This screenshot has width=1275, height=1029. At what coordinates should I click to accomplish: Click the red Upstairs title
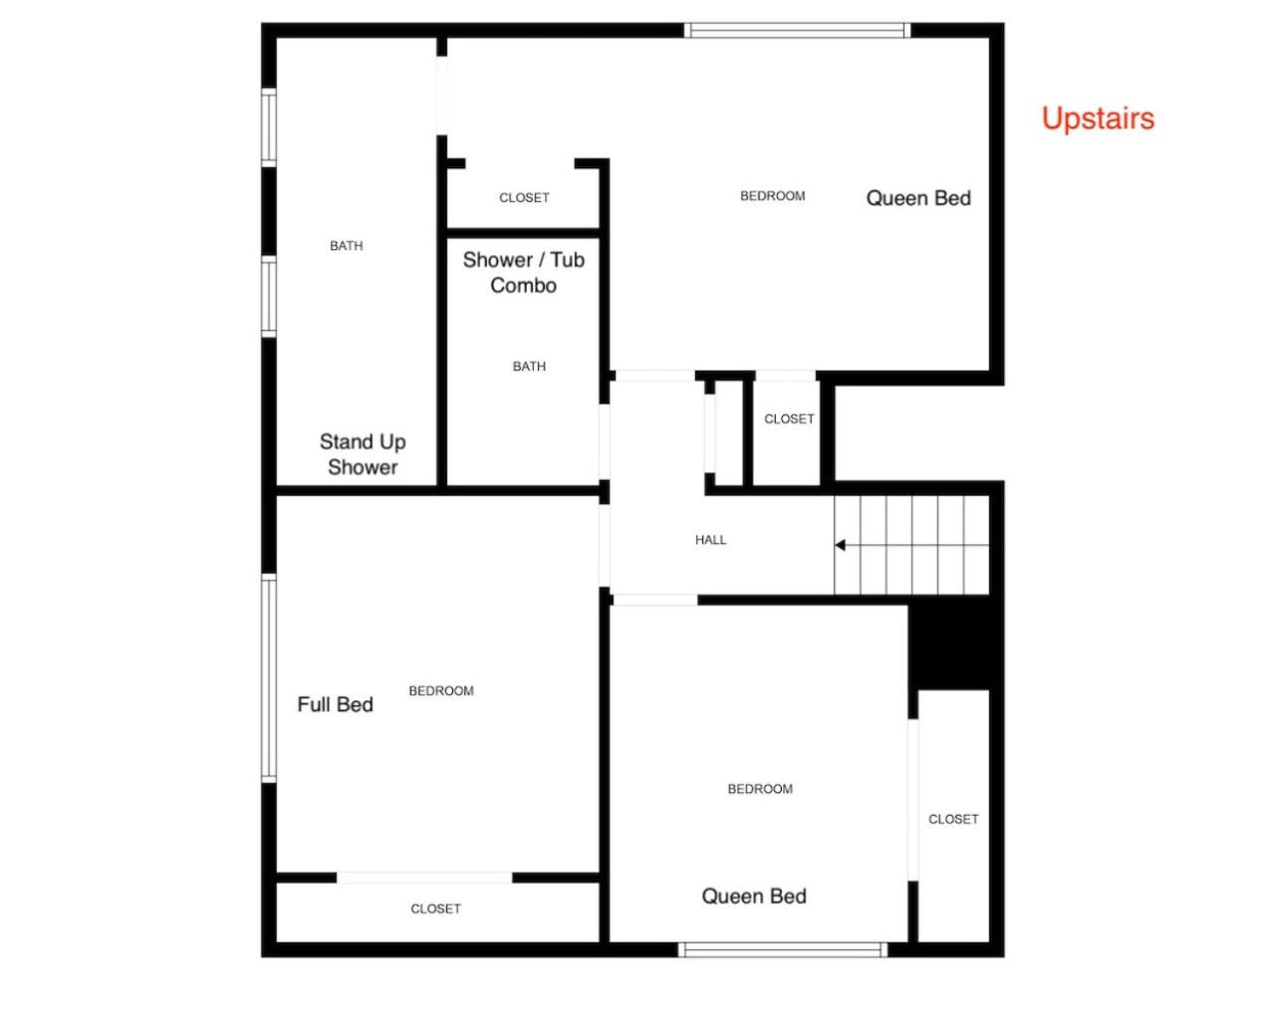[x=1098, y=119]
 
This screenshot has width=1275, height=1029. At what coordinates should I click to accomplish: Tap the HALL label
[x=710, y=540]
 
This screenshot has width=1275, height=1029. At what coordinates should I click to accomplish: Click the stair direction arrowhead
[x=840, y=545]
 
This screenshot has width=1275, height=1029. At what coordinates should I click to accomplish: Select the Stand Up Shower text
[x=363, y=454]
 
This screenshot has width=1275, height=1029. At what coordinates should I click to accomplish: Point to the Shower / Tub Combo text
[x=523, y=272]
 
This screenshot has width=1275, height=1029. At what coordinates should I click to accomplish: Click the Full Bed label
[x=336, y=704]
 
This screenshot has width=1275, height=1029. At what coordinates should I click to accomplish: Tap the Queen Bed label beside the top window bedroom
[x=918, y=198]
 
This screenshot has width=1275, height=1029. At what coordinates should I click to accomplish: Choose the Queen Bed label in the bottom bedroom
[x=754, y=897]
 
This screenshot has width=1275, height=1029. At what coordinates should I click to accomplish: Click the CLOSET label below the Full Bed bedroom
[x=435, y=908]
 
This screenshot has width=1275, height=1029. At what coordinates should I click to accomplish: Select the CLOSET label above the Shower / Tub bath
[x=524, y=197]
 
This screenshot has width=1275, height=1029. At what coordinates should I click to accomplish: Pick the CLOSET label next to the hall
[x=789, y=419]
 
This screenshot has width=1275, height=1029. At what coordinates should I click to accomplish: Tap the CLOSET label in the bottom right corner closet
[x=953, y=819]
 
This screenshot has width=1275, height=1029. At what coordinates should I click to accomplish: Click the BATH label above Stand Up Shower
[x=346, y=245]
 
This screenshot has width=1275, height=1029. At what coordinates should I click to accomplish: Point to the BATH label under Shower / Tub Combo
[x=529, y=367]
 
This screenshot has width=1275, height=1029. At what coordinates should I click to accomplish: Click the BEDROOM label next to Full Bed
[x=441, y=690]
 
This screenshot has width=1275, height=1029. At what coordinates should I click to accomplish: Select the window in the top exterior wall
[x=797, y=30]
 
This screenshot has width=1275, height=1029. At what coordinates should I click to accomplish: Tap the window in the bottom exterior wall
[x=782, y=949]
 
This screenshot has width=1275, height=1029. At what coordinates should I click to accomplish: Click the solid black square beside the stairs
[x=948, y=646]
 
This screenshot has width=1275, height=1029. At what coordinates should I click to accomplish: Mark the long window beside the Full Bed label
[x=269, y=677]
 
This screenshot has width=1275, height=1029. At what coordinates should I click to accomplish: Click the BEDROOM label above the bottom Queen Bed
[x=760, y=789]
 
